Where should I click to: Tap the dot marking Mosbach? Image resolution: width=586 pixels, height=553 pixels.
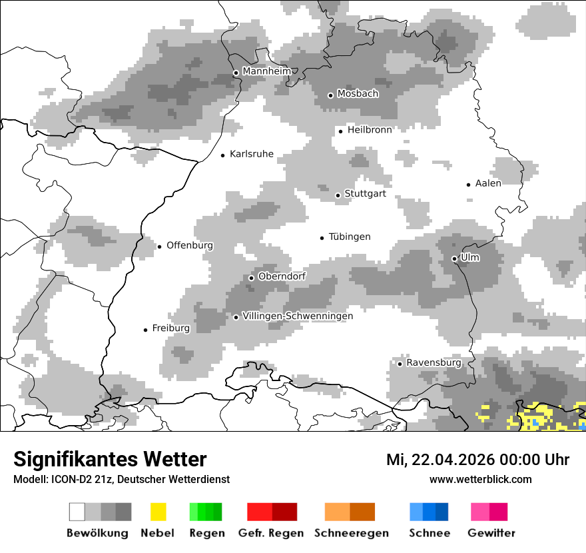tap(330, 95)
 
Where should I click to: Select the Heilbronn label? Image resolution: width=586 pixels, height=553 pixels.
tap(370, 130)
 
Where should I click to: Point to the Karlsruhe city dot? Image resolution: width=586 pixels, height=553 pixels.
tap(223, 155)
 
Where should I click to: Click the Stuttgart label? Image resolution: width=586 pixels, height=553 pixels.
tap(365, 194)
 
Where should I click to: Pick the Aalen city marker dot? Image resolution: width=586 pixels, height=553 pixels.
tap(469, 185)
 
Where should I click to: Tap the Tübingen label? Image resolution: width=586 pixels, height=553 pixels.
tap(350, 237)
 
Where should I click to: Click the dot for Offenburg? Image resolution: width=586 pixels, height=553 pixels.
tap(159, 247)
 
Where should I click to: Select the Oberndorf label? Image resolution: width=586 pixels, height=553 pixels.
tap(282, 276)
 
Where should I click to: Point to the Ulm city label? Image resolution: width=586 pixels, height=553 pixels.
tap(470, 257)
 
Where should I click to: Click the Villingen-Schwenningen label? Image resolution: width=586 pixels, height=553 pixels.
tap(298, 316)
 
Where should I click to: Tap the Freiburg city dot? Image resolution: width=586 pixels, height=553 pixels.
tap(145, 330)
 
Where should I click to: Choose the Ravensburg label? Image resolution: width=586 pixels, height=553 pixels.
tap(434, 362)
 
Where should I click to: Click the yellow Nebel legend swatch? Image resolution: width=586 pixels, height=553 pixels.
tap(158, 512)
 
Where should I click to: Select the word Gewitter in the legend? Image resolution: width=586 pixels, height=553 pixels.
tap(491, 533)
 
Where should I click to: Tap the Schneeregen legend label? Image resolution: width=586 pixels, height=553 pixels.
tap(351, 533)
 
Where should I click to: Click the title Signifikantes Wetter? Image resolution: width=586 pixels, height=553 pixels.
tap(110, 459)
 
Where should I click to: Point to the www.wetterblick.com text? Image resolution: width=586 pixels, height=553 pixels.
tap(481, 479)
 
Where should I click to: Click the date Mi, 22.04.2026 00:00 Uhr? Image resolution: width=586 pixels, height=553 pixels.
tap(477, 460)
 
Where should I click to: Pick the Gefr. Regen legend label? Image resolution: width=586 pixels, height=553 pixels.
tap(271, 533)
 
